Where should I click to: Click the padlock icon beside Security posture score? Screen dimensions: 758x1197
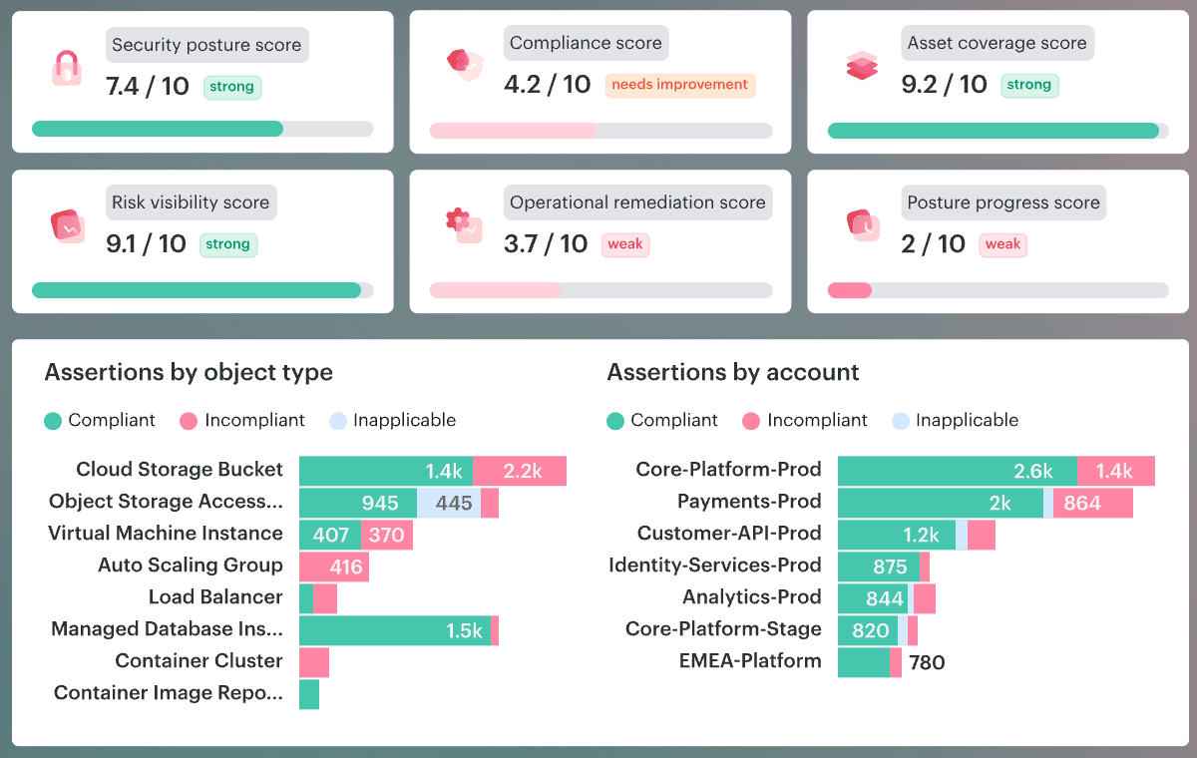66,68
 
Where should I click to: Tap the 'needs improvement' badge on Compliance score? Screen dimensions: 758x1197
679,85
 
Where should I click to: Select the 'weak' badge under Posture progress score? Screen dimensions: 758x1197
1002,244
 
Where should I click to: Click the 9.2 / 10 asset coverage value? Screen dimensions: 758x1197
944,85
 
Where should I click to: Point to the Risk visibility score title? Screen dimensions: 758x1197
191,202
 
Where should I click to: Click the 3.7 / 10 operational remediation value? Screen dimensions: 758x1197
546,244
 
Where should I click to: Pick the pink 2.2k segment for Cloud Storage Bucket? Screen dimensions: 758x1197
520,472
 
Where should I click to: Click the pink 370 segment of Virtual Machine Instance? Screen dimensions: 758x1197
386,536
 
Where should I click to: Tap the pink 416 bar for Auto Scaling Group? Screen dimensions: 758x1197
334,568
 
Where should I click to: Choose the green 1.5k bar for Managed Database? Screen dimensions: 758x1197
394,630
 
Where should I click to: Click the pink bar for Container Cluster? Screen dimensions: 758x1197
314,662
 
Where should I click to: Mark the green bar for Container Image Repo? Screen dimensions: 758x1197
309,694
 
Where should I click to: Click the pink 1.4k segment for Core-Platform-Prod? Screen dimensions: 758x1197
1116,472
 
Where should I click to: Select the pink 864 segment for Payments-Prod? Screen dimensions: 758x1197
1092,504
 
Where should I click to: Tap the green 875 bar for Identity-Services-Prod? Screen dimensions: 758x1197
879,568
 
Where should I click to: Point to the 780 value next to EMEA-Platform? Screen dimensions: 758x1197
927,662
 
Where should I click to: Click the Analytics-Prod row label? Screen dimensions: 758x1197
752,597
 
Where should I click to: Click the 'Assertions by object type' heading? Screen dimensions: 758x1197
189,373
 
